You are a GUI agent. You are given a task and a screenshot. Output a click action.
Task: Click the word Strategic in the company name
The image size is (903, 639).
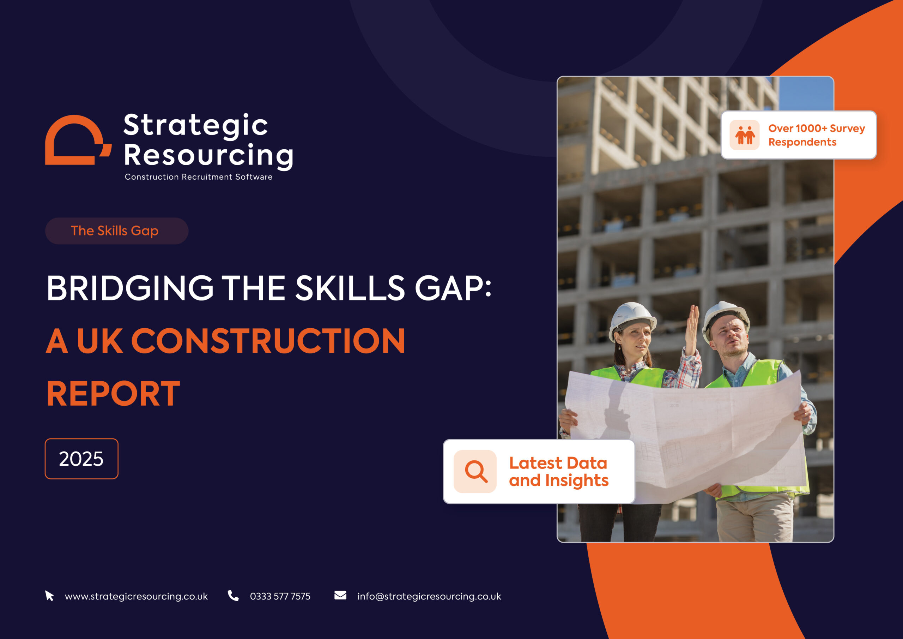[195, 126]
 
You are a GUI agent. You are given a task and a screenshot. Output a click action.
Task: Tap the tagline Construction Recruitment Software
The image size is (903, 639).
[199, 177]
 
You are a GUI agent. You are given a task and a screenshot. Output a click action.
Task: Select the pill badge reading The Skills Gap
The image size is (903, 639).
[117, 231]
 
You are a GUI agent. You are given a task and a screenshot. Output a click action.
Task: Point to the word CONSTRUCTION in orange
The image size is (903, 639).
[268, 341]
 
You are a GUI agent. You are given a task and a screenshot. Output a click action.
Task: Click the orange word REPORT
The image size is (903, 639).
[113, 393]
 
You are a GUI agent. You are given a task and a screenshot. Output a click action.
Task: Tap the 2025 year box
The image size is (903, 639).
[81, 459]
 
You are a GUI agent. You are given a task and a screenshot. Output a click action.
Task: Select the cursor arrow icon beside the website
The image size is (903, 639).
[49, 596]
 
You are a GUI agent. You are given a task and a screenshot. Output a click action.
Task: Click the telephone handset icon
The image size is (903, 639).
[233, 596]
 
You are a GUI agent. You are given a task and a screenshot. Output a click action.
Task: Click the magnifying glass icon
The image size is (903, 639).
[476, 471]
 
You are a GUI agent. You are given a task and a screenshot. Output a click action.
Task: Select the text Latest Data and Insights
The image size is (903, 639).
[559, 472]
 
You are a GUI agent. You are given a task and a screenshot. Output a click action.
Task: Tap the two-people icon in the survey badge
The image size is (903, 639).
[745, 135]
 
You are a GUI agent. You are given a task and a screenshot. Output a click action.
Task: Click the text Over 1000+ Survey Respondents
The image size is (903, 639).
[817, 135]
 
